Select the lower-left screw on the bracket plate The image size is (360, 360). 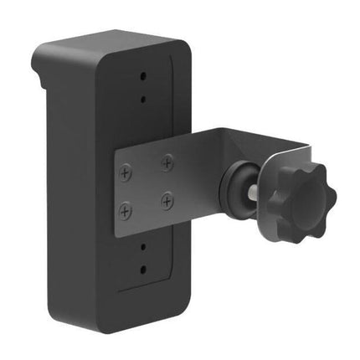(126, 209)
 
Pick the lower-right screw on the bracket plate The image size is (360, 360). (168, 201)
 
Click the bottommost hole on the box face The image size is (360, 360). (143, 270)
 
